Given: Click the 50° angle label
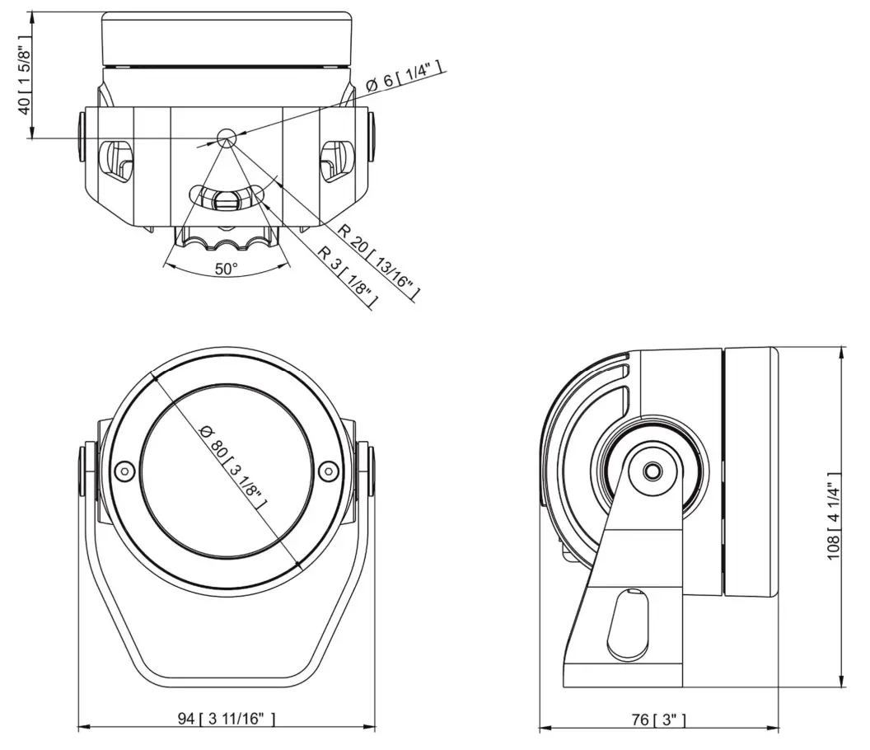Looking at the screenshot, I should point(226,269).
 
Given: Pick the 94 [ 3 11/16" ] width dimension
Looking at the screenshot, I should point(227,720).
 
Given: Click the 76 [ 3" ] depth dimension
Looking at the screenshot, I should point(656,720).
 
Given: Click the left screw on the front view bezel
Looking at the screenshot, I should point(124,471).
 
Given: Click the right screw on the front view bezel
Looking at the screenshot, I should point(329,471).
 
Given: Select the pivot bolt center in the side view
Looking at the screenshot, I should point(652,471).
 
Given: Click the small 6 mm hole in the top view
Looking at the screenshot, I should point(226,137).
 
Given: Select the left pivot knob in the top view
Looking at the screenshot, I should point(82,134).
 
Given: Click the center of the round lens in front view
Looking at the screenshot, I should point(227,471).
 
